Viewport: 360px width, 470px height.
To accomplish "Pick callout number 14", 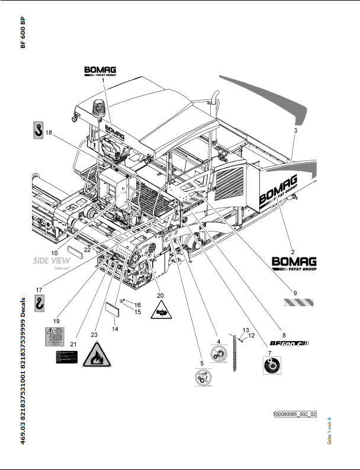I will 115,329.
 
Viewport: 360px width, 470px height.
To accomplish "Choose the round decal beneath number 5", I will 205,377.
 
